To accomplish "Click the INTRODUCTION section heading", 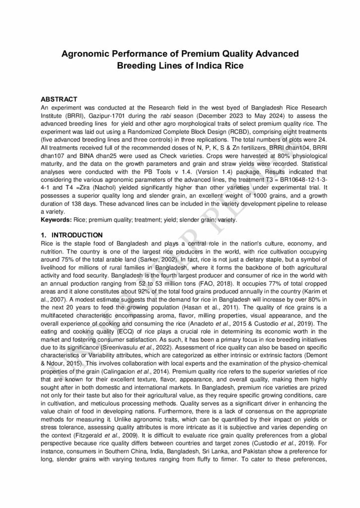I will tap(77, 235).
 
